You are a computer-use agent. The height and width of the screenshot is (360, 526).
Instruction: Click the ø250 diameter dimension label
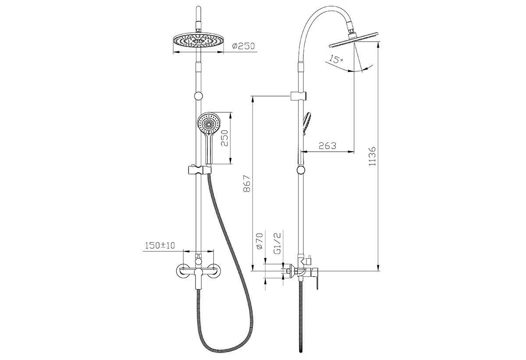(243, 46)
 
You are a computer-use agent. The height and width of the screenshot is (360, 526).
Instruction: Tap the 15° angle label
(336, 59)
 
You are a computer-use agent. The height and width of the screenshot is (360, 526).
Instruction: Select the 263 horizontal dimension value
(327, 146)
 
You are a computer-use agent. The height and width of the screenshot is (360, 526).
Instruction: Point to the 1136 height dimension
(372, 156)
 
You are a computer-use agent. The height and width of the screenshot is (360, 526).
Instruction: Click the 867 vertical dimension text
(247, 183)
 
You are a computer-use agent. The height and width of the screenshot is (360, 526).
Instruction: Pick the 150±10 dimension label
(160, 246)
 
